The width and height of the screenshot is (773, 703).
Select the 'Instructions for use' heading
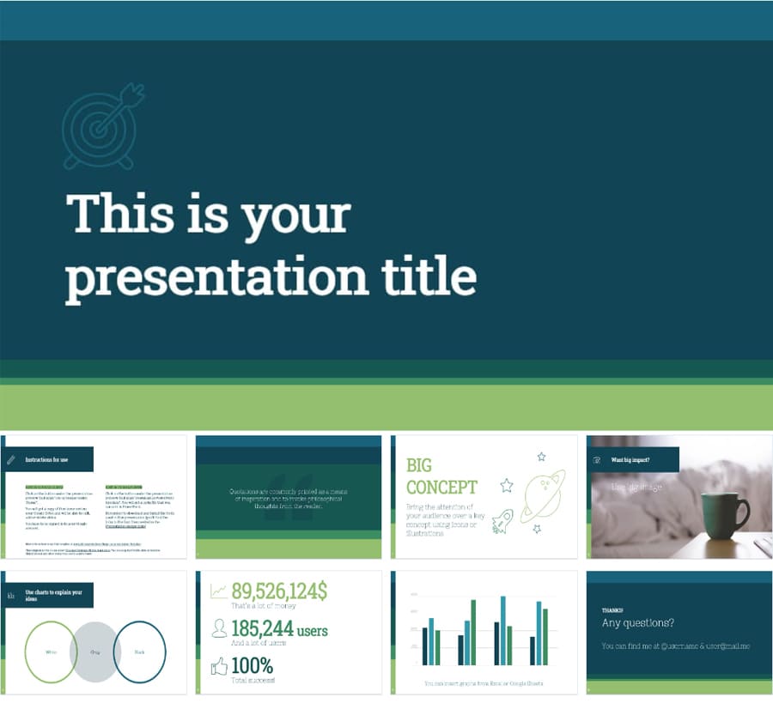[x=46, y=460]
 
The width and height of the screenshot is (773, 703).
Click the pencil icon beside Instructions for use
[x=10, y=460]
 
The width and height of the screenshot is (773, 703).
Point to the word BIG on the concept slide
[x=419, y=466]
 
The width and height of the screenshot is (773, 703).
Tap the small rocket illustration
[x=502, y=521]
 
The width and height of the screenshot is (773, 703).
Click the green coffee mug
[x=721, y=515]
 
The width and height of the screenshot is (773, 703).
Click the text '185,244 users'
[x=279, y=629]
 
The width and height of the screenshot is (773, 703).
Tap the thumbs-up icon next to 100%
[x=219, y=666]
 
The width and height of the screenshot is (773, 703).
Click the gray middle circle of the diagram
[x=94, y=652]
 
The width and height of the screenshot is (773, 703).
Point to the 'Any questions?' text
[x=637, y=623]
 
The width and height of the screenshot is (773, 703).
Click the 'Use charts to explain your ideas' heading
[x=53, y=595]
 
